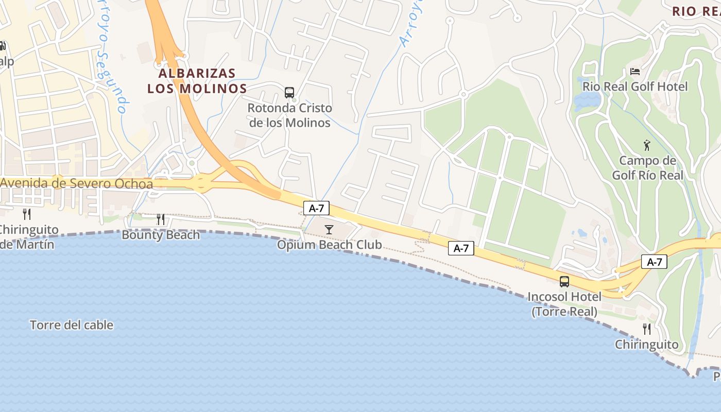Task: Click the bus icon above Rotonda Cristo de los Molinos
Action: [289, 93]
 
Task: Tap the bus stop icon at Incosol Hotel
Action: [564, 281]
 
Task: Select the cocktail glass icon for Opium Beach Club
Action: [329, 229]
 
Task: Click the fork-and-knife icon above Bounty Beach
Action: [161, 219]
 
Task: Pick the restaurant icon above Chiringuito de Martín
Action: [27, 214]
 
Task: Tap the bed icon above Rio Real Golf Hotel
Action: [634, 71]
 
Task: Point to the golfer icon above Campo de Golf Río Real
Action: [647, 145]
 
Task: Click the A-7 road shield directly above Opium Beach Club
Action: [316, 208]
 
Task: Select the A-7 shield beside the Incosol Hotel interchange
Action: [654, 262]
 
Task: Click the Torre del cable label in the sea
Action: [72, 325]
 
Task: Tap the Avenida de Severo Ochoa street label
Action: [77, 183]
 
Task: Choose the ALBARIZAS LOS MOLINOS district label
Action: [197, 81]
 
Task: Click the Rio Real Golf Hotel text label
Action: [634, 87]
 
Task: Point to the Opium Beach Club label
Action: [330, 245]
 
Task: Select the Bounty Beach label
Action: [161, 235]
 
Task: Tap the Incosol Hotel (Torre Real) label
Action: [564, 304]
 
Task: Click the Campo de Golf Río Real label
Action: [647, 168]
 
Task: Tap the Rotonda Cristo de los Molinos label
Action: [289, 115]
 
